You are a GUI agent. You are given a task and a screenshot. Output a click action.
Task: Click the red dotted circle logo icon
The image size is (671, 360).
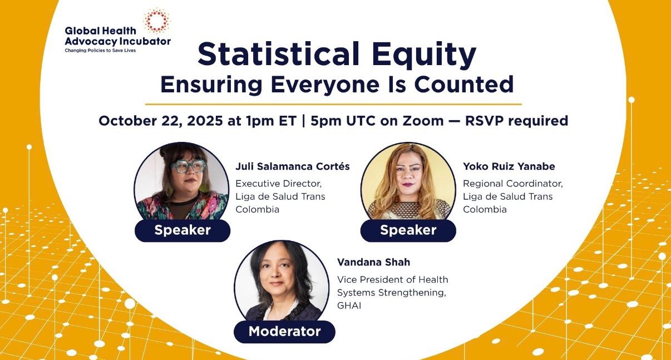[157, 20]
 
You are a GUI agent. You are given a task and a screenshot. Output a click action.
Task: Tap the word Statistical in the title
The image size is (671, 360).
[279, 55]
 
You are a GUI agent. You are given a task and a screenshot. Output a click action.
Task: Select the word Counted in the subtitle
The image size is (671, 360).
[465, 84]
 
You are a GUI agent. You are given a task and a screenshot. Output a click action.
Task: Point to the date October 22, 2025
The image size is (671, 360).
[161, 121]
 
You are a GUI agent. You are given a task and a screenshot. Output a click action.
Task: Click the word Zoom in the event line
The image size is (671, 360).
[423, 121]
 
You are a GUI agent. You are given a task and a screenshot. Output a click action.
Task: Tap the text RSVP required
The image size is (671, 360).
[516, 121]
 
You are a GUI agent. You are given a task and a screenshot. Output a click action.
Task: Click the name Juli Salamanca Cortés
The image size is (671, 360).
[292, 166]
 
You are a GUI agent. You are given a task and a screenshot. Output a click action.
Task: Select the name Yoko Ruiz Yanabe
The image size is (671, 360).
[509, 166]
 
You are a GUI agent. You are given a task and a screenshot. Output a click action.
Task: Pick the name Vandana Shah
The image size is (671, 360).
[373, 262]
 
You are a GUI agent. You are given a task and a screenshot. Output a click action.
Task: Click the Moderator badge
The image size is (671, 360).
[284, 332]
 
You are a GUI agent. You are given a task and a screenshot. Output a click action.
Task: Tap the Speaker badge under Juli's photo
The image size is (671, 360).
[182, 230]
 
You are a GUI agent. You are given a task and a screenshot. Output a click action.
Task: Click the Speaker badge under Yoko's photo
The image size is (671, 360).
[408, 230]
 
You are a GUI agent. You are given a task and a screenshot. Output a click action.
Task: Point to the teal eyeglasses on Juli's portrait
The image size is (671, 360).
[189, 166]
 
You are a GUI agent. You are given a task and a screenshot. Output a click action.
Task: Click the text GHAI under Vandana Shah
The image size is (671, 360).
[349, 305]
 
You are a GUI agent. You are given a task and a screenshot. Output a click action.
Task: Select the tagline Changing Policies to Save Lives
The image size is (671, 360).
[100, 51]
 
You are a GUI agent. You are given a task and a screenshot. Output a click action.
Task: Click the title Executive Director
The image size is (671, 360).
[279, 184]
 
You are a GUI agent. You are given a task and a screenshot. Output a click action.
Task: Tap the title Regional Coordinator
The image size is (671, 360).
[513, 184]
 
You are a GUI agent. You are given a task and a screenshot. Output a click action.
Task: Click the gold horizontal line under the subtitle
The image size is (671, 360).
[333, 104]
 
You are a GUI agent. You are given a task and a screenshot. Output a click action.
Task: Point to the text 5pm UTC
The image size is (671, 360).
[343, 121]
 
